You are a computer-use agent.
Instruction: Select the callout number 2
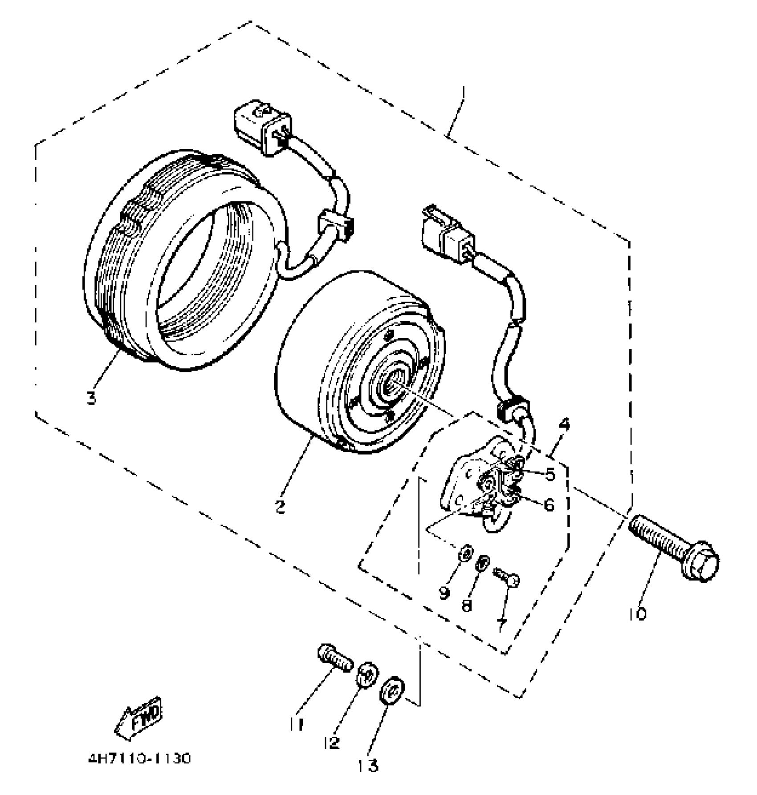click(280, 506)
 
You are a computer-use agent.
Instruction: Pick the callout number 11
click(298, 724)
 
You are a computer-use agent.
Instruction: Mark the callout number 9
click(444, 593)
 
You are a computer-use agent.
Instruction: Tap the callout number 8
click(466, 605)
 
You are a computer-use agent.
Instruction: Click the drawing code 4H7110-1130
click(139, 758)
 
